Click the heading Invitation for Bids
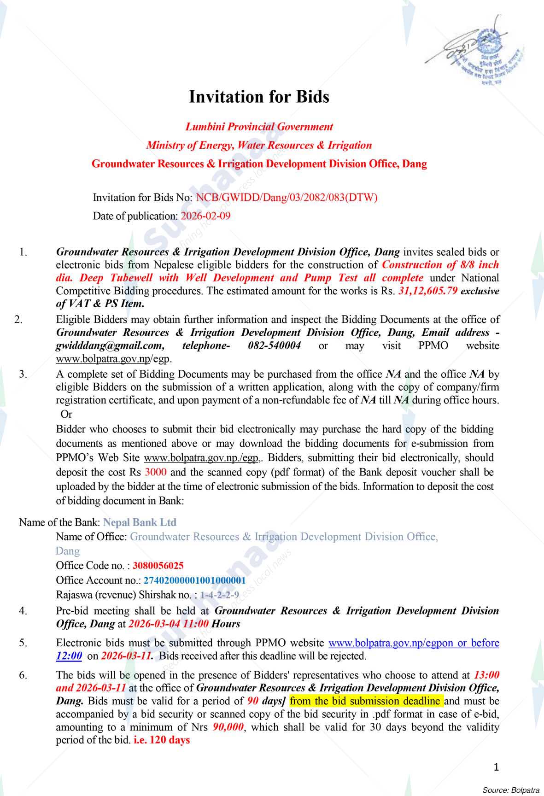tap(259, 97)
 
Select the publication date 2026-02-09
tap(205, 216)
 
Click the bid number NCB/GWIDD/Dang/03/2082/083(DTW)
tap(287, 198)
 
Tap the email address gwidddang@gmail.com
tap(110, 345)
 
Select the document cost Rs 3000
tap(155, 472)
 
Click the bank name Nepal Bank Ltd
tap(140, 522)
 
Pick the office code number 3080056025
tap(158, 565)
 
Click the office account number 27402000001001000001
tap(194, 580)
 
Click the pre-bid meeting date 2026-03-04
tap(156, 624)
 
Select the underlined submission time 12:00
tap(69, 656)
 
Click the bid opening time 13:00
tap(486, 675)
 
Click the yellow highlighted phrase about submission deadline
tap(366, 701)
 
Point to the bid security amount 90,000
tap(228, 727)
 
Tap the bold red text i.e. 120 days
tap(162, 740)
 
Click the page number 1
tap(496, 767)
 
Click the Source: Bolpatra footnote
tap(510, 790)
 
